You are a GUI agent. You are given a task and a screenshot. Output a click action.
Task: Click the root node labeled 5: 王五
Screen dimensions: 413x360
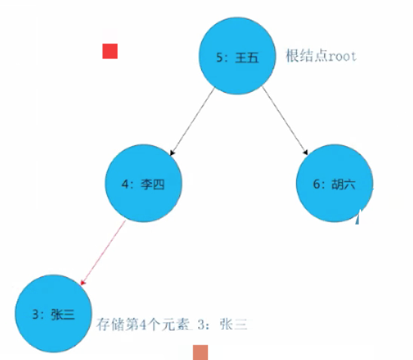[x=237, y=56]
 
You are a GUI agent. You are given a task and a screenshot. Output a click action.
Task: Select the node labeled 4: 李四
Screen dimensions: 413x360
[x=143, y=183]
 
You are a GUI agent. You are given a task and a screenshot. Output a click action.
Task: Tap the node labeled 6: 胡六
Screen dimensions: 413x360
[x=335, y=183]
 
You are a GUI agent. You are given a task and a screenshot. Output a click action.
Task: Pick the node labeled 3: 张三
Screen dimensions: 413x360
[x=54, y=313]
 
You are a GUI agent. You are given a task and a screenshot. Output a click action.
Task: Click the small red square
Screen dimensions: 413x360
[x=110, y=51]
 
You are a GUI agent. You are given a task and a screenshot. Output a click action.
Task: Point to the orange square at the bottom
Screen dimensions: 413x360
[x=200, y=352]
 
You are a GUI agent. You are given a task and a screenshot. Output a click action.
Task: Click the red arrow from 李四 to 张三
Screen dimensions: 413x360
[x=103, y=253]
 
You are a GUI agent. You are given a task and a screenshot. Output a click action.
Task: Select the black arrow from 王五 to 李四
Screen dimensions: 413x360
[x=192, y=121]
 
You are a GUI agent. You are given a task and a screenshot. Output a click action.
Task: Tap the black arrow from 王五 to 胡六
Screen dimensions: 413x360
[x=285, y=121]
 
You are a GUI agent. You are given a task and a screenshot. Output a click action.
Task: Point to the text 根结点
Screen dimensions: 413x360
[x=307, y=56]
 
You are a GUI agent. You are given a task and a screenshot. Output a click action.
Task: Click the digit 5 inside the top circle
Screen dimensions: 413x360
[x=219, y=57]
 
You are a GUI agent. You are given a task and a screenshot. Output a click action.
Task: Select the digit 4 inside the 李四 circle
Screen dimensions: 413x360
[x=125, y=185]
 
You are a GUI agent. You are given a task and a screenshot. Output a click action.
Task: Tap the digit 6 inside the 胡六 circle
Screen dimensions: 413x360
[x=317, y=184]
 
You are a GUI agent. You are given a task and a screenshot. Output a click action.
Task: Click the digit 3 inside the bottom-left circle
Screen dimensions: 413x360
[x=35, y=315]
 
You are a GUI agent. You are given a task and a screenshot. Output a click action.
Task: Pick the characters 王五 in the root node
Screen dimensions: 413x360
[x=246, y=58]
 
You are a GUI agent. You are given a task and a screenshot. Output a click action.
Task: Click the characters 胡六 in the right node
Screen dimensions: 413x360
[x=344, y=185]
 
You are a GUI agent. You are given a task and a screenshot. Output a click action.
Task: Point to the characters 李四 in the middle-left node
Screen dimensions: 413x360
[x=152, y=185]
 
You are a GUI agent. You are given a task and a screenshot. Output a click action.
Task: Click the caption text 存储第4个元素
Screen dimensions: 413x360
[x=142, y=324]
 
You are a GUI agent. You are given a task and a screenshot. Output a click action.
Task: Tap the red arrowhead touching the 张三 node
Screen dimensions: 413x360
[x=83, y=282]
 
